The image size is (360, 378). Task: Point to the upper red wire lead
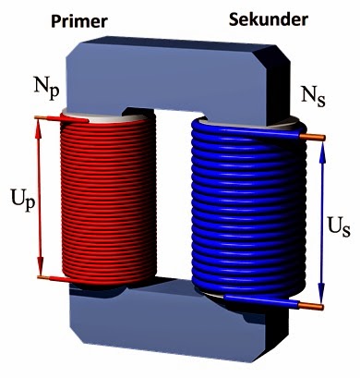coord(46,117)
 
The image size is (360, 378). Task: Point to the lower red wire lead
coord(46,277)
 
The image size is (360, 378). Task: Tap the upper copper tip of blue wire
coord(318,138)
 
